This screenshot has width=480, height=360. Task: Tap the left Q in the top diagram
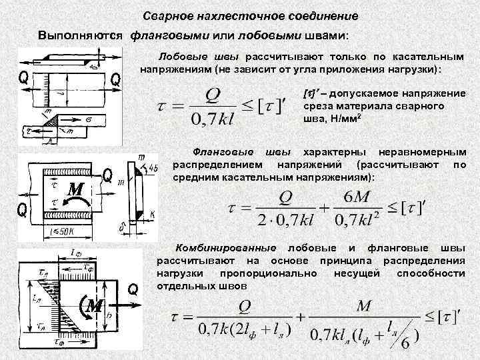tap(23, 77)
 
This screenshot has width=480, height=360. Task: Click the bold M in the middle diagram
tap(73, 191)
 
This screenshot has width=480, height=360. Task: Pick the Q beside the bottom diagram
tap(133, 289)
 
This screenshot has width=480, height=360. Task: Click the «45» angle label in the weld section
tap(153, 167)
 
